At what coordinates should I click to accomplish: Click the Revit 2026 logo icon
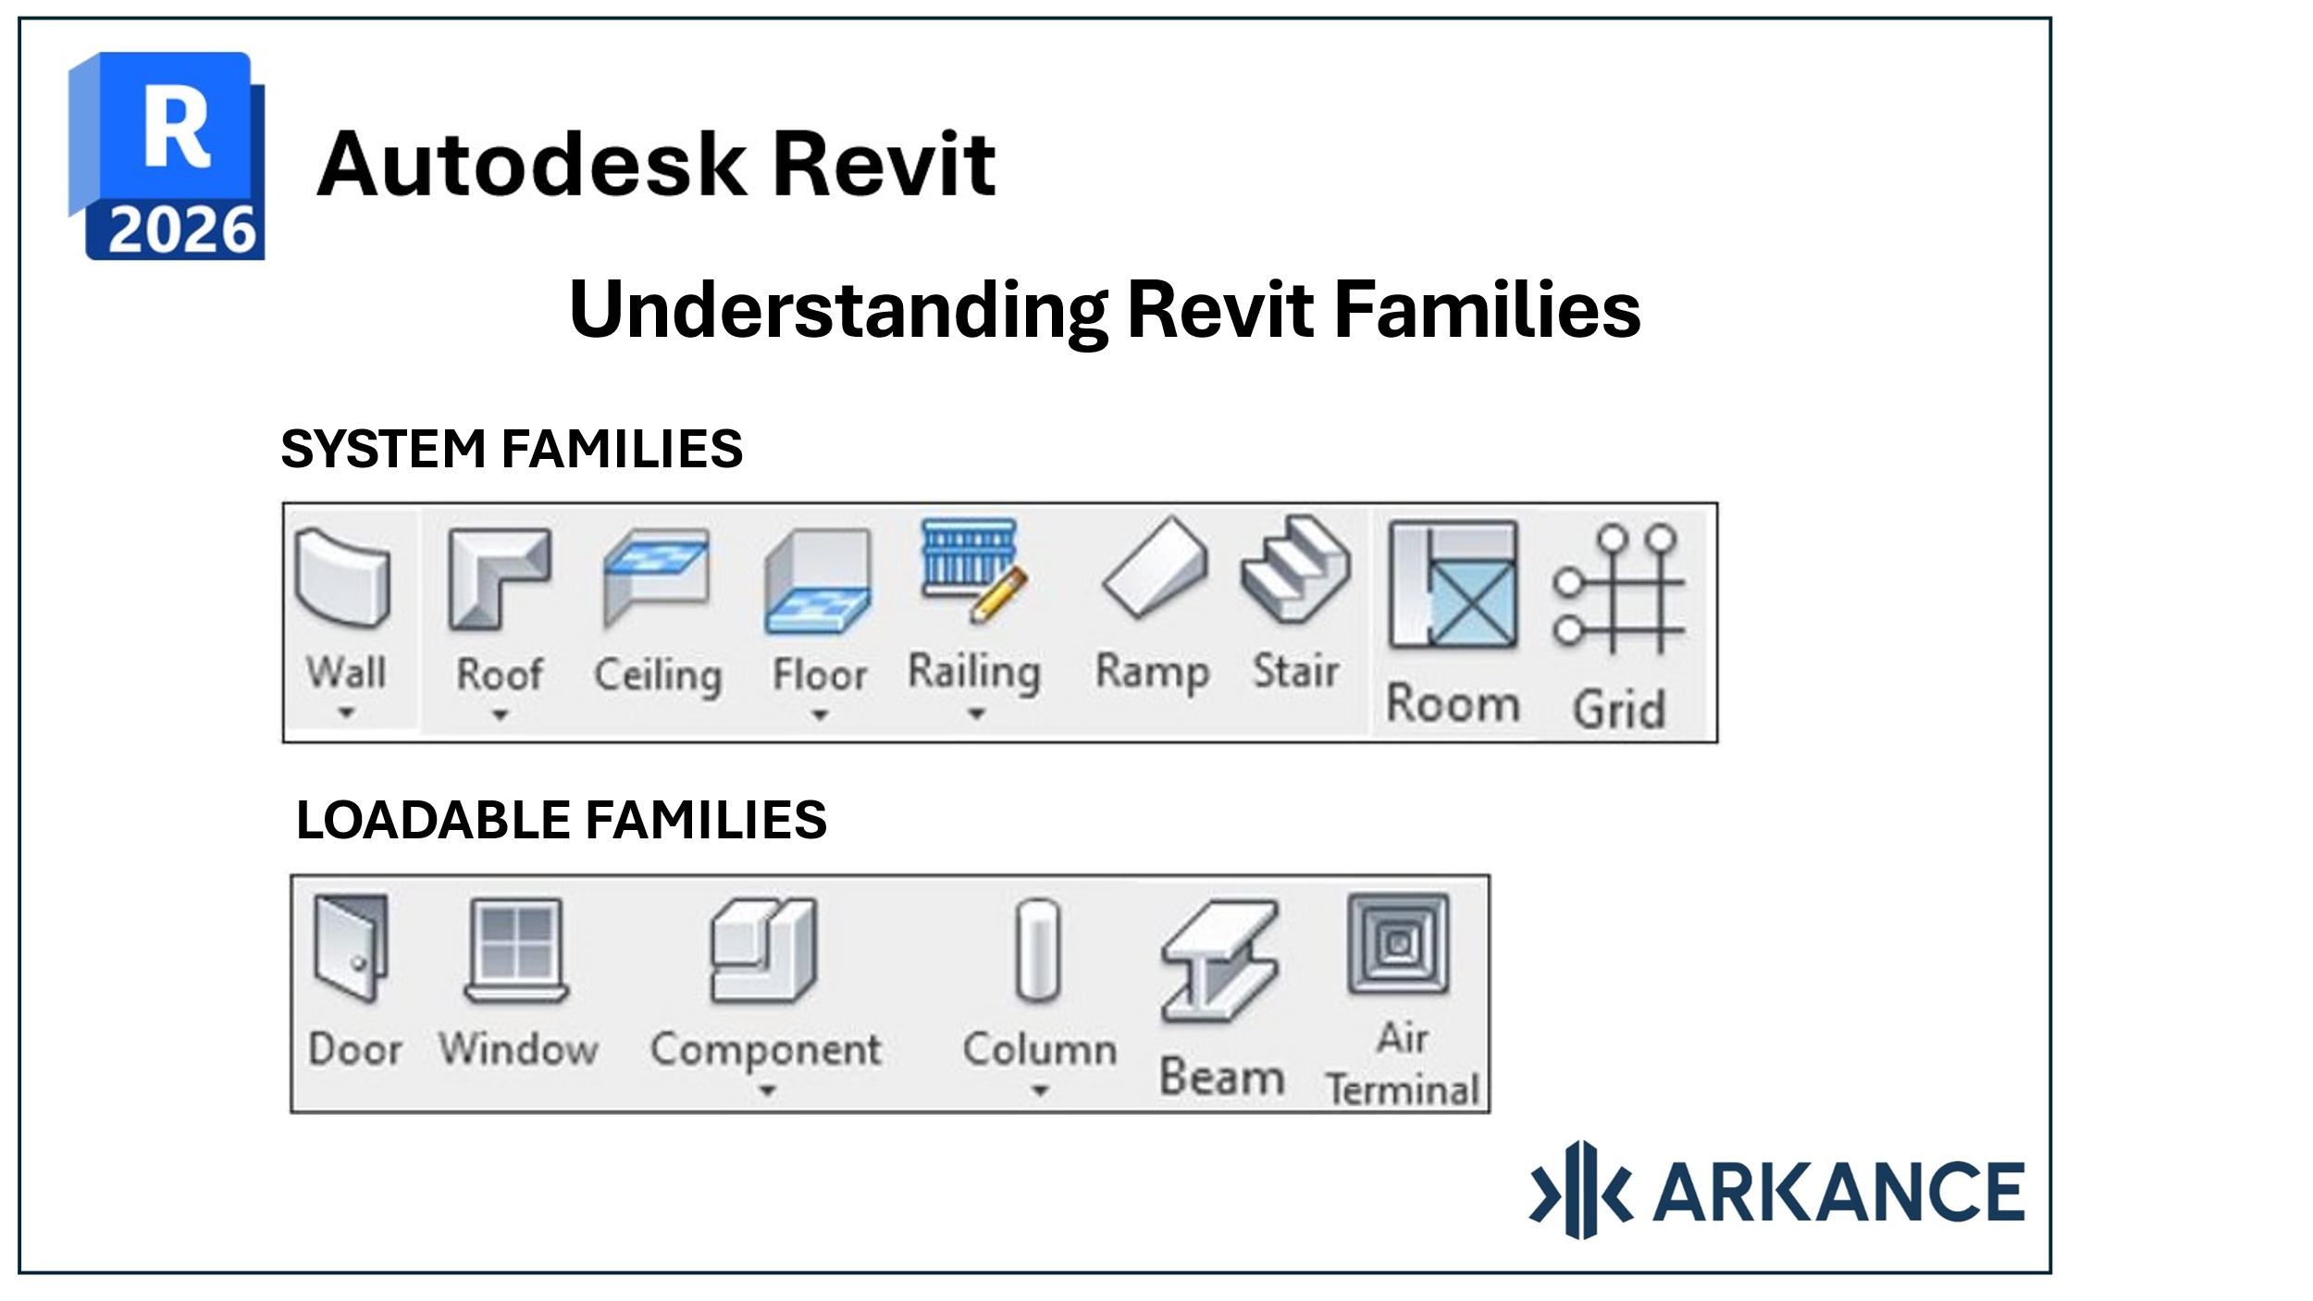[167, 155]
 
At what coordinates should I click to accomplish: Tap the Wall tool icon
[343, 578]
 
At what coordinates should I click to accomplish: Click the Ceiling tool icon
[656, 578]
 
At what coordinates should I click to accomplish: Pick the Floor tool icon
[818, 581]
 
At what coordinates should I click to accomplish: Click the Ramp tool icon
[1156, 567]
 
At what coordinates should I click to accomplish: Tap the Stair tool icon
[1295, 568]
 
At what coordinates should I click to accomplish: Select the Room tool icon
[1453, 585]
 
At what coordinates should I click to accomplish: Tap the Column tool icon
[1038, 951]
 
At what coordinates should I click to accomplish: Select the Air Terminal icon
[1399, 944]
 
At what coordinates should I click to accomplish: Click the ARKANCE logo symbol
[1581, 1190]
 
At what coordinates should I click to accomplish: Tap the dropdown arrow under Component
[766, 1092]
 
